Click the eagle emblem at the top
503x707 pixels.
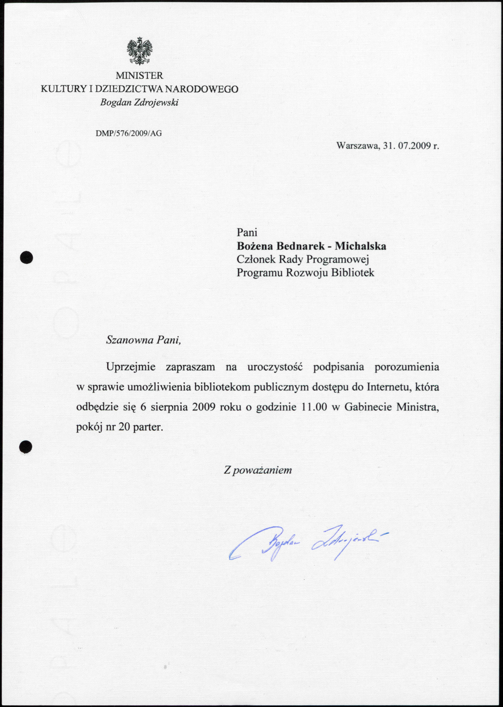click(x=140, y=52)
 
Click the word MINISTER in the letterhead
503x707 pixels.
click(x=139, y=76)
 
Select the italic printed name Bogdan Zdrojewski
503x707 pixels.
click(x=139, y=103)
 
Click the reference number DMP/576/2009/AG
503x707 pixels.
click(x=129, y=133)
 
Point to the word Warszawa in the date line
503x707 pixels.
click(x=358, y=146)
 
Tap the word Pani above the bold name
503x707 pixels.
click(x=247, y=232)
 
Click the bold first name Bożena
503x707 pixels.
click(x=254, y=246)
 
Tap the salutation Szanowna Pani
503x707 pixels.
click(x=144, y=340)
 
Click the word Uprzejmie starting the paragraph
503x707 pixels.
click(x=131, y=367)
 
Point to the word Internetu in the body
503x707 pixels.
click(x=388, y=387)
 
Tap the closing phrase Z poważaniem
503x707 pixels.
click(x=258, y=470)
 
